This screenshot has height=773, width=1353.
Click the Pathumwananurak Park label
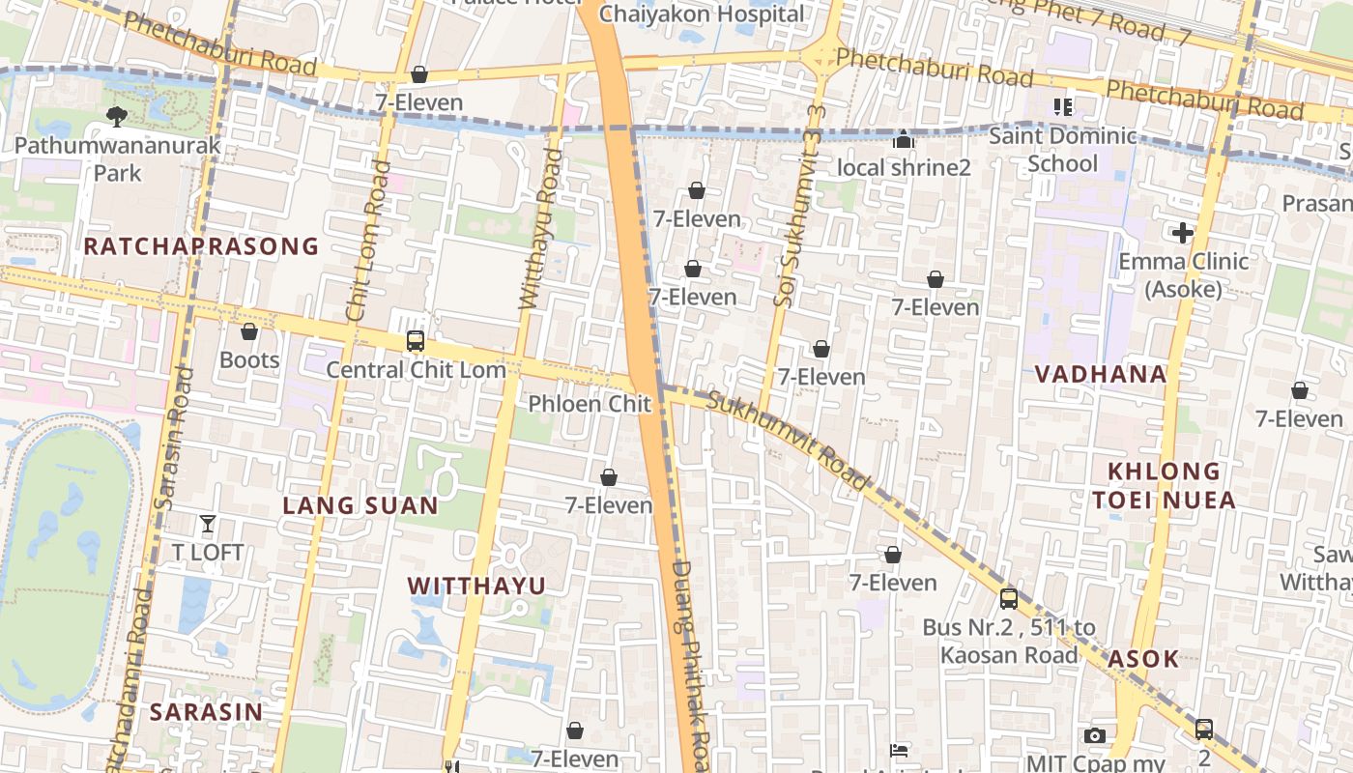pos(118,159)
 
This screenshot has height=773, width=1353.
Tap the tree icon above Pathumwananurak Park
pos(117,117)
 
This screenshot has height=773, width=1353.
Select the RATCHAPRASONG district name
pos(201,246)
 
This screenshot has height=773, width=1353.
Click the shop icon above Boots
pos(249,331)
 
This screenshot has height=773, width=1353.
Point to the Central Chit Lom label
pos(416,369)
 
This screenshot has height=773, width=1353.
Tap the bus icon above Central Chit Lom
pos(416,340)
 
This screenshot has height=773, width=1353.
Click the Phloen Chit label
pos(590,404)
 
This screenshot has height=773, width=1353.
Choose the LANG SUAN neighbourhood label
pos(360,505)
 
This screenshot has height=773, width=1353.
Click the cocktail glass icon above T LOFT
pos(208,524)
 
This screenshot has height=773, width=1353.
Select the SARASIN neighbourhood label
pos(206,712)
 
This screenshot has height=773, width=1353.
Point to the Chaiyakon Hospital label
pos(702,14)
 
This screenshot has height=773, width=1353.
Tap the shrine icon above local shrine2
pos(904,140)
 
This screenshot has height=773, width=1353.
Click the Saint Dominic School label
pos(1062,149)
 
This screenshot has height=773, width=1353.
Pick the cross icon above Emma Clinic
pos(1183,233)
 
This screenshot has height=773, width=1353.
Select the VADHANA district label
pos(1101,374)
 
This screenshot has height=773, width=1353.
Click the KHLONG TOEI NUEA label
pos(1171,485)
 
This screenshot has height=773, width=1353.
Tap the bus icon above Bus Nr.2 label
pos(1009,599)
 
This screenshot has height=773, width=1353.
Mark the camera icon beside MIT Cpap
pos(1094,736)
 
